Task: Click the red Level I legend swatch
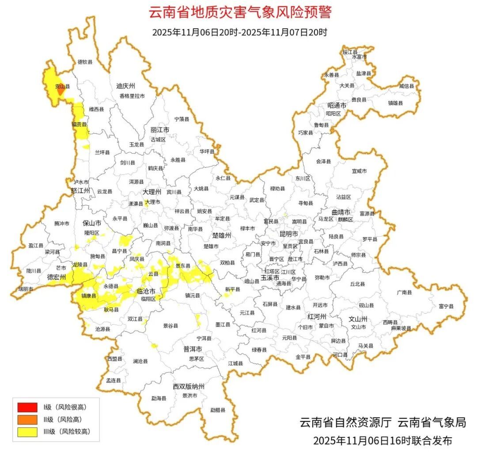pos(27,407)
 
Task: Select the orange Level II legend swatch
pos(27,419)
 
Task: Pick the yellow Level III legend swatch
pos(27,431)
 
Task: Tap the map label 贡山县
pos(62,87)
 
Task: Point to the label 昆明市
pos(288,234)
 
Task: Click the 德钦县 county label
pos(85,62)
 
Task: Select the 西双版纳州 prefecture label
pos(189,386)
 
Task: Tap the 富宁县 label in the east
pos(446,306)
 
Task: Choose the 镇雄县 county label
pos(407,103)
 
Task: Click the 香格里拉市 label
pos(132,96)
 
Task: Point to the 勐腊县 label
pos(217,410)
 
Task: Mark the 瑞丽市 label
pos(25,288)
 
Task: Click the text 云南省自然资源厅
pos(345,422)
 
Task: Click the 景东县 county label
pos(183,266)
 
